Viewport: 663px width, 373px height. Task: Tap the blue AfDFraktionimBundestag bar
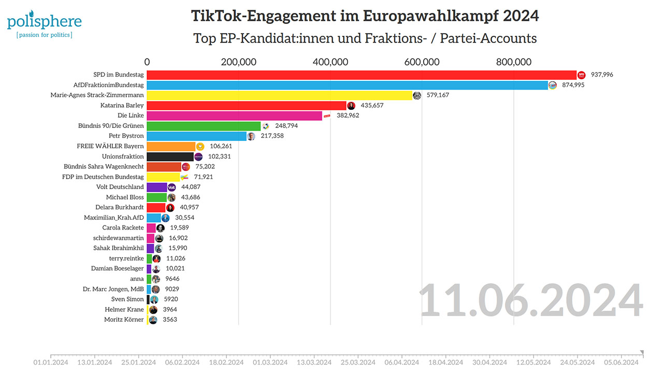347,85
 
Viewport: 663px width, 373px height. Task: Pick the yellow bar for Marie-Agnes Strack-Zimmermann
279,95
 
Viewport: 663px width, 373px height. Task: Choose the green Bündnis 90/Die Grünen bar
204,126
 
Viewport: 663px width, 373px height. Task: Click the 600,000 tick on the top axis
422,62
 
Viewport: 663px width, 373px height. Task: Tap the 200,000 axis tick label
239,62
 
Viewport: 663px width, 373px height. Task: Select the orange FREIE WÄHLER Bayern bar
171,146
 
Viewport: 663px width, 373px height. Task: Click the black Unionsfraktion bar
170,156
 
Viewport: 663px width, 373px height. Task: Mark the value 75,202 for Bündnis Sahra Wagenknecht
205,166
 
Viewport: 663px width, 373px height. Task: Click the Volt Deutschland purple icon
172,187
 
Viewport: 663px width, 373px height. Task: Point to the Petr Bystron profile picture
251,136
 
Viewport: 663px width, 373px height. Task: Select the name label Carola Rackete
123,227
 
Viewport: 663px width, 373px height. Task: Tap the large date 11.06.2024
531,301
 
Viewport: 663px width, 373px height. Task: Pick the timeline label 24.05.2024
579,362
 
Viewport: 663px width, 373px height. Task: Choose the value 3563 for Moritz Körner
170,320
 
